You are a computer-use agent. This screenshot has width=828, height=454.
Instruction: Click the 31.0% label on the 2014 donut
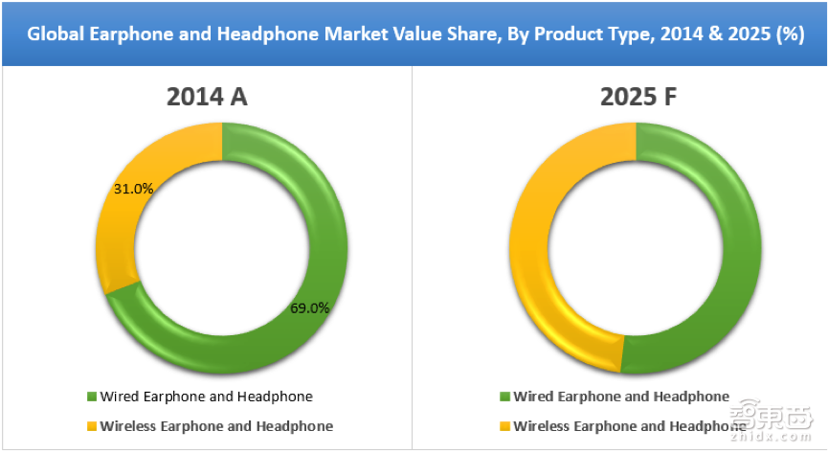[x=134, y=189]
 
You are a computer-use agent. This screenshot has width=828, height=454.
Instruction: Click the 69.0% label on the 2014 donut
[x=310, y=308]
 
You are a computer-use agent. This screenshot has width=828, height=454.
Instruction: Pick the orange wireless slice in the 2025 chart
[x=531, y=249]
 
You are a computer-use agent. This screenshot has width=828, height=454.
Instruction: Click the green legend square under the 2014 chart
[x=92, y=397]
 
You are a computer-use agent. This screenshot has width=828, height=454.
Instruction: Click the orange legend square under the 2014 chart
[x=92, y=426]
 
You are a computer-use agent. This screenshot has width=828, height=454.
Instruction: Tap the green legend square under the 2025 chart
[x=505, y=397]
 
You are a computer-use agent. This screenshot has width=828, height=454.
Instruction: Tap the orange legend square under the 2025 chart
[x=505, y=426]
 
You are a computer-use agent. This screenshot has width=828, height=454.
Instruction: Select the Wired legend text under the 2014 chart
[x=207, y=397]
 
